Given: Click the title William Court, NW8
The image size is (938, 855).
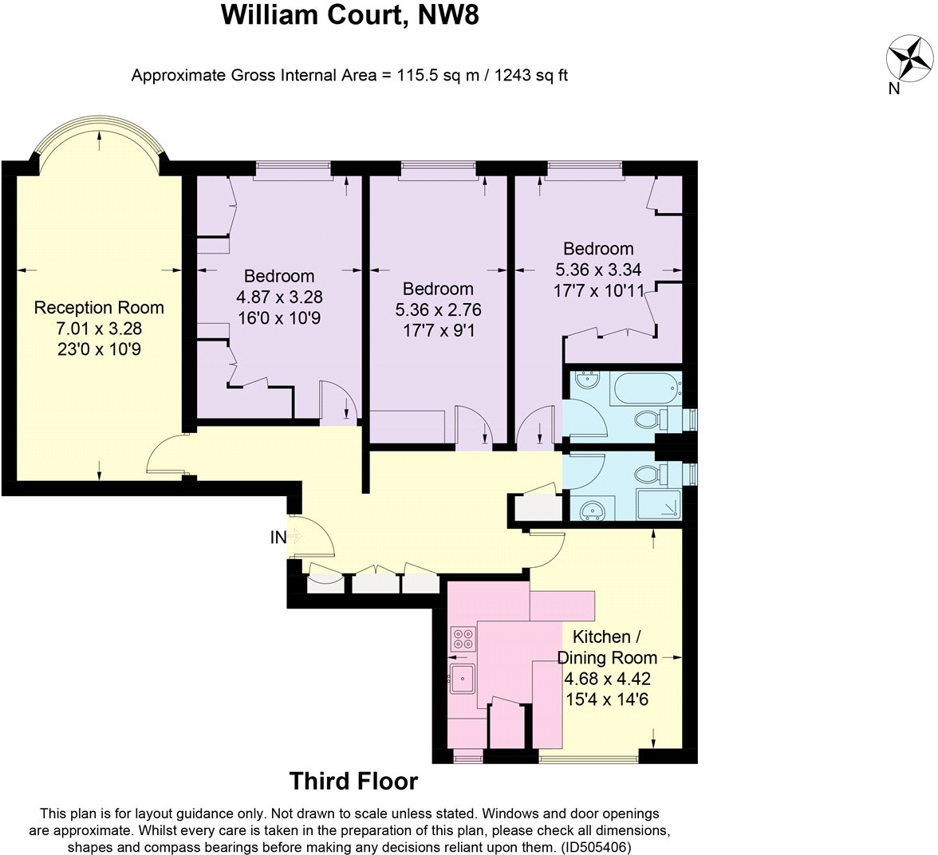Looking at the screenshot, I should pyautogui.click(x=350, y=16).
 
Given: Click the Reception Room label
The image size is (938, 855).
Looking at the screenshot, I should pyautogui.click(x=99, y=308).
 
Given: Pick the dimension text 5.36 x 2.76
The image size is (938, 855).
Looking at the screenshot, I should pyautogui.click(x=438, y=309).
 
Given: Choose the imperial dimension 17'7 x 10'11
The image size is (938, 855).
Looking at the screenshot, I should pyautogui.click(x=598, y=290).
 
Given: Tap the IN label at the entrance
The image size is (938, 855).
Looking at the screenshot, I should pyautogui.click(x=278, y=538).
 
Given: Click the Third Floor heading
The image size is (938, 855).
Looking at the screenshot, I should pyautogui.click(x=353, y=781).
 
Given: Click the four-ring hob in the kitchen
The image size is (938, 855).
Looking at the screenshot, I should pyautogui.click(x=462, y=638).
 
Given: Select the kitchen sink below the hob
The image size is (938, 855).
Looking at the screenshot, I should pyautogui.click(x=462, y=679).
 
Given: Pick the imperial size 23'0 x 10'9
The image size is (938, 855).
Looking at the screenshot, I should pyautogui.click(x=99, y=348).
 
